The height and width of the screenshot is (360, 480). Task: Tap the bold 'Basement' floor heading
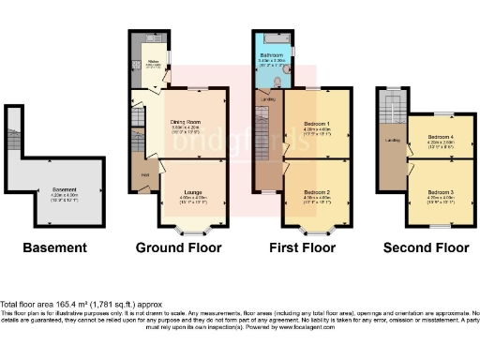tap(54, 248)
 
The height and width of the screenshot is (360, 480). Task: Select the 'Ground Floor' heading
tap(179, 248)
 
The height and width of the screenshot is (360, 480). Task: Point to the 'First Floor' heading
tap(302, 248)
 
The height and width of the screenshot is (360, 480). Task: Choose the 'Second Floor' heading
tap(426, 248)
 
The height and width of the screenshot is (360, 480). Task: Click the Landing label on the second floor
tap(392, 141)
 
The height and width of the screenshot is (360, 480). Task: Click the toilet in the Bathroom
tap(288, 70)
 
